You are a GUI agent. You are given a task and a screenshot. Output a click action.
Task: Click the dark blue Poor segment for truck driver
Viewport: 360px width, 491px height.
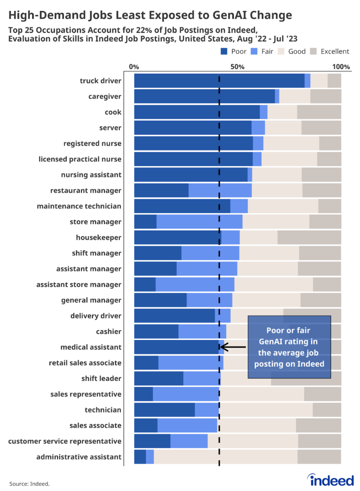tap(219, 81)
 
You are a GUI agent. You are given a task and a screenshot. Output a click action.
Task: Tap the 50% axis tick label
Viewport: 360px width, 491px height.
tap(238, 66)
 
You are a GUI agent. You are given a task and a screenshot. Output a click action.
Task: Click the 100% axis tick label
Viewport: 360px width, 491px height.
tap(342, 66)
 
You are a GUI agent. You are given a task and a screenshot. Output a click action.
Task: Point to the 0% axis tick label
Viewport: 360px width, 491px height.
tap(134, 66)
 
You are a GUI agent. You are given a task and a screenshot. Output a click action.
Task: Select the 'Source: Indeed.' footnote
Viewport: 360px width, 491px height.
tap(29, 484)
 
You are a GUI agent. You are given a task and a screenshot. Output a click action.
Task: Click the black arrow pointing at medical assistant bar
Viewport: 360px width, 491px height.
tap(233, 347)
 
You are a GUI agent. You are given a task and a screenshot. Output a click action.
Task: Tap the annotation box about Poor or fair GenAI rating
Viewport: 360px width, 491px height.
tap(289, 347)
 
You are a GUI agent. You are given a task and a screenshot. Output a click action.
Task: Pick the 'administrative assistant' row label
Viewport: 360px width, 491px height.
tap(79, 457)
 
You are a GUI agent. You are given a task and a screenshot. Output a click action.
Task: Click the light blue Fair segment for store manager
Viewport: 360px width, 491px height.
tap(199, 222)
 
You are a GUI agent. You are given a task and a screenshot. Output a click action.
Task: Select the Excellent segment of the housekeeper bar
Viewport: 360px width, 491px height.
tap(309, 237)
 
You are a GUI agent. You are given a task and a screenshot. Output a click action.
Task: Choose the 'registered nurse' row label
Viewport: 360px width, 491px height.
tap(92, 143)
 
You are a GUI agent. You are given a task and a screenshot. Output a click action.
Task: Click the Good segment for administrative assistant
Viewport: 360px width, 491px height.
tap(225, 457)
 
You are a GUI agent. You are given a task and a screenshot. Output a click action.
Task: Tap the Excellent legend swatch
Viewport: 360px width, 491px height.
tap(314, 51)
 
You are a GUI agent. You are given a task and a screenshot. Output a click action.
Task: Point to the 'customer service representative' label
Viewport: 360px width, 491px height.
tap(65, 441)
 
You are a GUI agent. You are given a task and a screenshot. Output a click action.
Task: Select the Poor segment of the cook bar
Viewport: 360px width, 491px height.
tap(197, 112)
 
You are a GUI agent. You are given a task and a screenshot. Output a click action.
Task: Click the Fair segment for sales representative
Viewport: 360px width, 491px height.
tap(186, 394)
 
